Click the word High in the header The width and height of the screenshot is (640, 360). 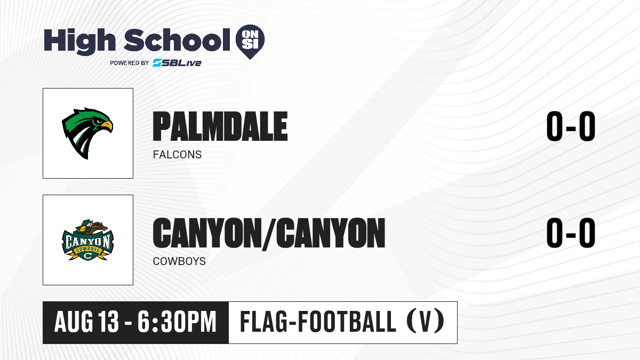(80, 42)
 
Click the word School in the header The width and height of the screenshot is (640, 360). (177, 39)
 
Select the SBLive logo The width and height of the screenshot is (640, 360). (177, 63)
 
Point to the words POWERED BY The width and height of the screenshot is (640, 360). (130, 63)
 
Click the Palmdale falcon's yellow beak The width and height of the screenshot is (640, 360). (107, 126)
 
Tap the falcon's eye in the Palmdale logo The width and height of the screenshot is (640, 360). (99, 122)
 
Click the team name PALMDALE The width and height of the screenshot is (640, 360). (220, 126)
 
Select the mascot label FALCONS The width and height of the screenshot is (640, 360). (177, 155)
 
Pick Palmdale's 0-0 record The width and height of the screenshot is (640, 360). (571, 126)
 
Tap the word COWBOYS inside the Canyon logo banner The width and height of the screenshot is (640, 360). (87, 250)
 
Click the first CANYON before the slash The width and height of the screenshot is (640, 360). (206, 233)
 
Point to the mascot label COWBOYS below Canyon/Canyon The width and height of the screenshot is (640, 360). (179, 261)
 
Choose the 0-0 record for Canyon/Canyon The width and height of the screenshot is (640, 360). (571, 233)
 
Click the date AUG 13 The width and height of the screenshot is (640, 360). (86, 322)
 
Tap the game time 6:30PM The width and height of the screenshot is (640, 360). (177, 322)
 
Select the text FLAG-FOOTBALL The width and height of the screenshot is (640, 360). (318, 322)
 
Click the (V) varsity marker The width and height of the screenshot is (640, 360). (426, 322)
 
